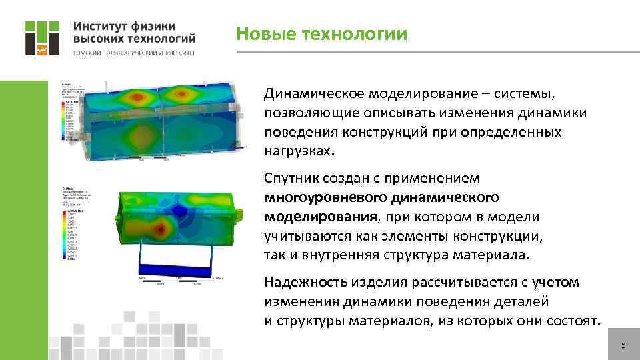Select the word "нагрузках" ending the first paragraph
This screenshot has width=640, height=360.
tap(296, 151)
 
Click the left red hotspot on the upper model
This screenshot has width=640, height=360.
tap(137, 97)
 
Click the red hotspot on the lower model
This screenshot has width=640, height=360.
tap(161, 230)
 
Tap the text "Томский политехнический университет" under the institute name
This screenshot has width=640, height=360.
tap(133, 53)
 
